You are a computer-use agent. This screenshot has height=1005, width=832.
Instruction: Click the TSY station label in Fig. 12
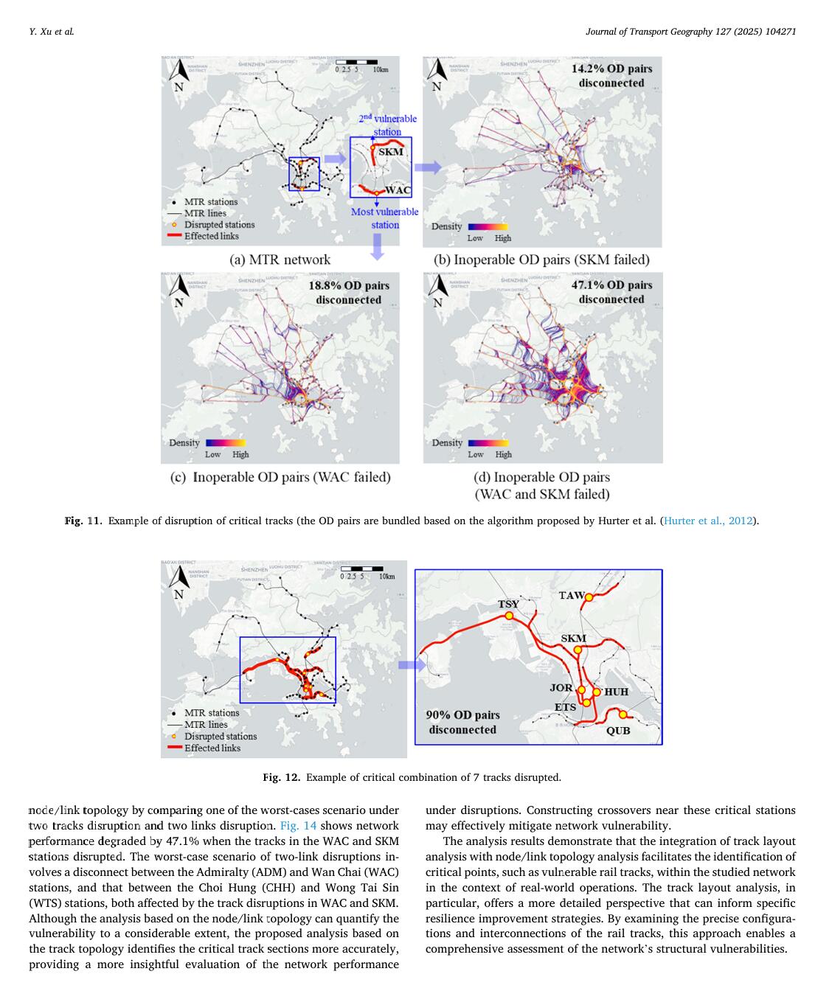pyautogui.click(x=508, y=604)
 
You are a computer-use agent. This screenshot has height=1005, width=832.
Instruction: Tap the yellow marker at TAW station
pyautogui.click(x=589, y=597)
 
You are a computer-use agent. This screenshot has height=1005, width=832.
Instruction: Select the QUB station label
pyautogui.click(x=618, y=731)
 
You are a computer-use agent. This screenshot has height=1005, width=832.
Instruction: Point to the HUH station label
pyautogui.click(x=616, y=692)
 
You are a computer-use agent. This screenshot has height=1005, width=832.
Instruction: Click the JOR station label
pyautogui.click(x=561, y=688)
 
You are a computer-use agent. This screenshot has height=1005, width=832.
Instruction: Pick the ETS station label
pyautogui.click(x=566, y=707)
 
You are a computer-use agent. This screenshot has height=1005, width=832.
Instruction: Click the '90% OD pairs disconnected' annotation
pyautogui.click(x=462, y=722)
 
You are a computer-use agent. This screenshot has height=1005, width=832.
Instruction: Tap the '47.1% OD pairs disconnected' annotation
pyautogui.click(x=611, y=292)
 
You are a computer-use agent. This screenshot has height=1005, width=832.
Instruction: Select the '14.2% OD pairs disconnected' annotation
pyautogui.click(x=611, y=75)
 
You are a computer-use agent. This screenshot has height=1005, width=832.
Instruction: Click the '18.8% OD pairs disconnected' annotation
pyautogui.click(x=348, y=292)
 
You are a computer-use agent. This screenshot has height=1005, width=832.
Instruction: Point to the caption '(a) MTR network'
pyautogui.click(x=280, y=260)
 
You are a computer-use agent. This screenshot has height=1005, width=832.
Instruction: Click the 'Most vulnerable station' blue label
pyautogui.click(x=384, y=218)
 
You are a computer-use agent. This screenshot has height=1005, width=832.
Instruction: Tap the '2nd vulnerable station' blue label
pyautogui.click(x=388, y=125)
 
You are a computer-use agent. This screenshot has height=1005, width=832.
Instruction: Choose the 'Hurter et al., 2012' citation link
pyautogui.click(x=708, y=521)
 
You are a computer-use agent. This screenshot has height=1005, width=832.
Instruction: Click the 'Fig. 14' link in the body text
pyautogui.click(x=299, y=826)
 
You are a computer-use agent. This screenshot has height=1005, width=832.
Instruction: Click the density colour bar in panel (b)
pyautogui.click(x=488, y=227)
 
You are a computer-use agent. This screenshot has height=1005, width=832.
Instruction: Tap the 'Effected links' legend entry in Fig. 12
pyautogui.click(x=212, y=748)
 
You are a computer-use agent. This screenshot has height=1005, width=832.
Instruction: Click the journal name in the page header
pyautogui.click(x=690, y=32)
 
